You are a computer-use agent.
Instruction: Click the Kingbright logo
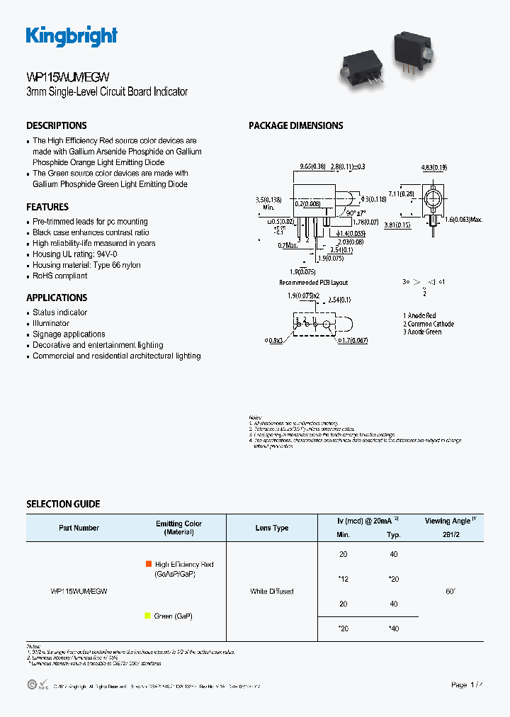point(72,36)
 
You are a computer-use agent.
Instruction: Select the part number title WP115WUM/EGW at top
point(67,77)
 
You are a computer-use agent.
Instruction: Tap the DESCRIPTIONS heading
point(57,125)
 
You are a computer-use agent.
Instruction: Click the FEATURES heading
point(47,207)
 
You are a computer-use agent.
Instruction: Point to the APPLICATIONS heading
point(57,298)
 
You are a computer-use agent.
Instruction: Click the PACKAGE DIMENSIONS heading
point(295,125)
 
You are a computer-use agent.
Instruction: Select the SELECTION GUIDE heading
point(63,504)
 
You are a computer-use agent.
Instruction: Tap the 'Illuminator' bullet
point(51,323)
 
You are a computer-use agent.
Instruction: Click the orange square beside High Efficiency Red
point(148,564)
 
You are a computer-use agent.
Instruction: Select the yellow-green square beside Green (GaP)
point(147,616)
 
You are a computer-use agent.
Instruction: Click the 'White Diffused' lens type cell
point(272,591)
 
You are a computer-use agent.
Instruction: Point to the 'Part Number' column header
point(79,528)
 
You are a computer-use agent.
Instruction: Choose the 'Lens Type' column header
point(272,528)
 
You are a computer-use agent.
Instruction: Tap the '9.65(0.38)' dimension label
point(312,166)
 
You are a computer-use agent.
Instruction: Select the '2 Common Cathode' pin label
point(429,324)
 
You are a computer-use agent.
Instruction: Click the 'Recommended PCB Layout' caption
point(313,282)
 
